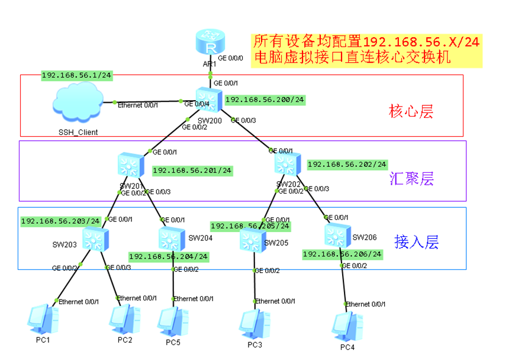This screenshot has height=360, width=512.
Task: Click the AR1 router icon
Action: pyautogui.click(x=210, y=44)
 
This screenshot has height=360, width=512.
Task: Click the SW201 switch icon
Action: pyautogui.click(x=131, y=165)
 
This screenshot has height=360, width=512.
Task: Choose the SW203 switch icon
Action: pyautogui.click(x=95, y=239)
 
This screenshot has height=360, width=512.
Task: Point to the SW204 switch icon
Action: pyautogui.click(x=172, y=238)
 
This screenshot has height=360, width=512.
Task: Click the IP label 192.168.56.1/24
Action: pyautogui.click(x=77, y=75)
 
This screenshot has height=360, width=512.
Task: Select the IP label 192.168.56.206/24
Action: pyautogui.click(x=342, y=254)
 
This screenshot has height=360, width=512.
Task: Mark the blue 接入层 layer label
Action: pyautogui.click(x=417, y=242)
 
